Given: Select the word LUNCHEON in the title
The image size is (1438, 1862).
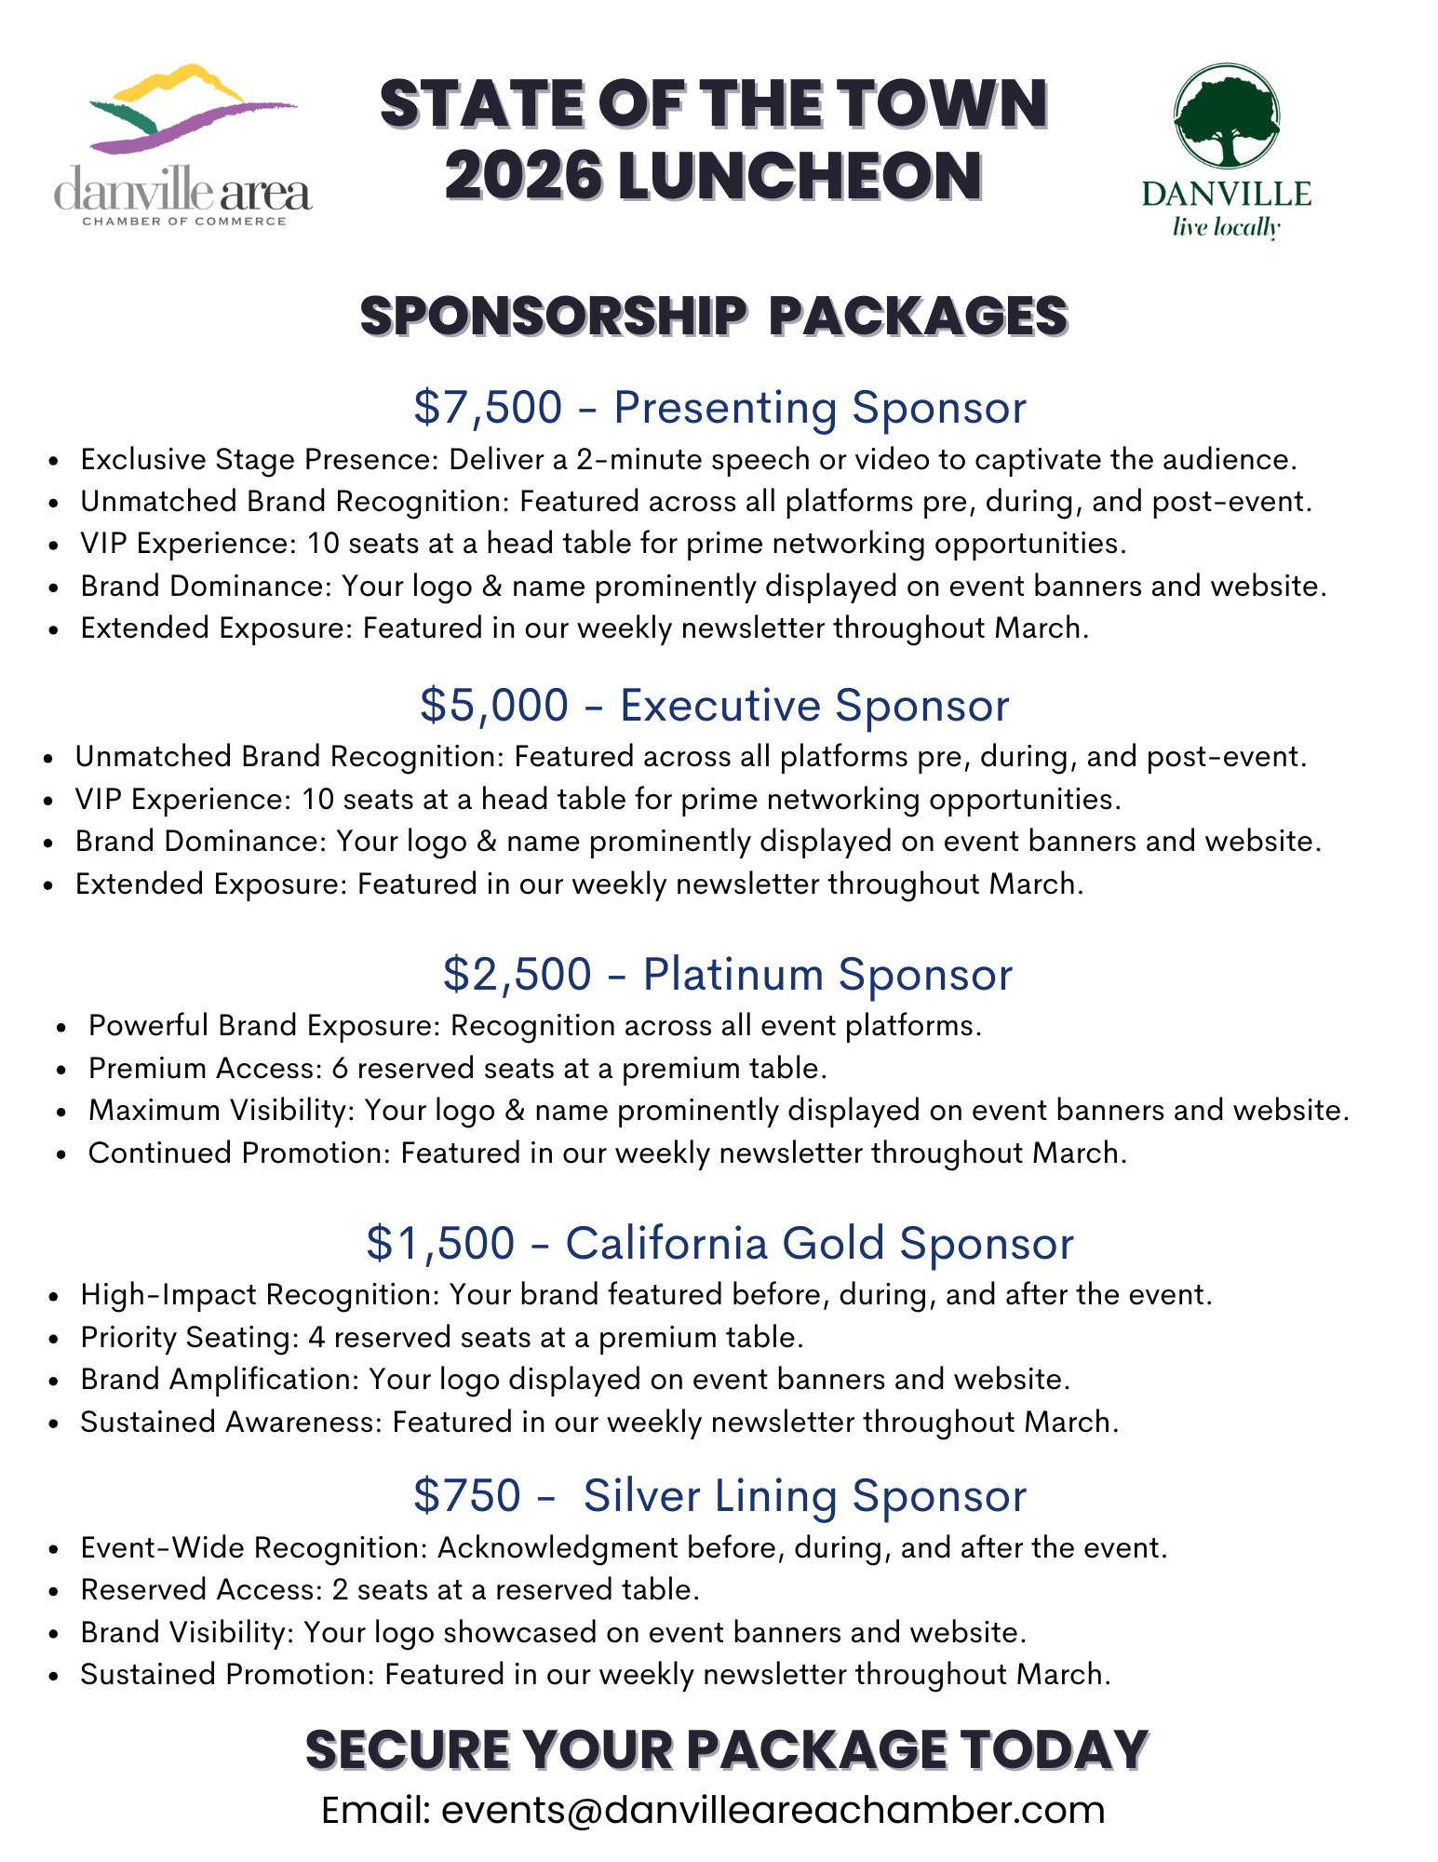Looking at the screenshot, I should (800, 176).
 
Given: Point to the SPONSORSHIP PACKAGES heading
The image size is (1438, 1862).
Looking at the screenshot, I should (713, 316).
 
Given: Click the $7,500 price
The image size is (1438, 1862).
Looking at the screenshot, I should (488, 408).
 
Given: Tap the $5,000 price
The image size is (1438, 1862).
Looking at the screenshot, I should (493, 705).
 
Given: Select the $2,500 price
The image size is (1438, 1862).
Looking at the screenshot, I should (517, 974).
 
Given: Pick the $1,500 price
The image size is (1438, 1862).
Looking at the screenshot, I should (440, 1243).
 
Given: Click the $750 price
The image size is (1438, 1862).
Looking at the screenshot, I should (466, 1495).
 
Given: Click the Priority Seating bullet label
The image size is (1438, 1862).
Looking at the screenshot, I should (187, 1337).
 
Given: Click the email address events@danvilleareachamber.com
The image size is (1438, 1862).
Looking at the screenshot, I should (773, 1810).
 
